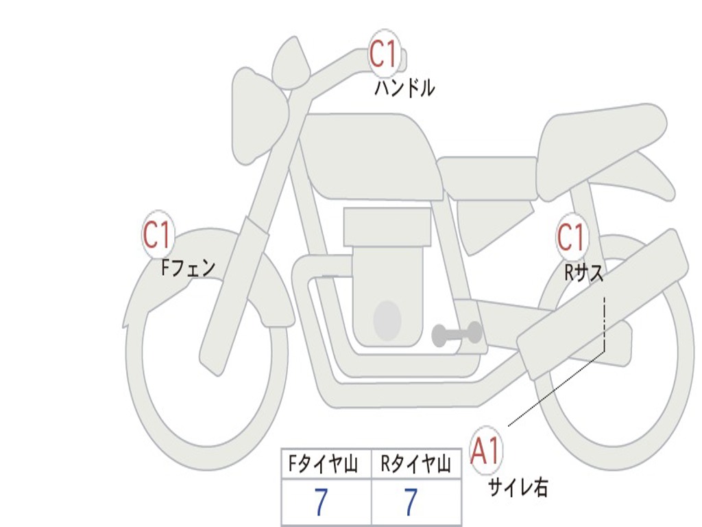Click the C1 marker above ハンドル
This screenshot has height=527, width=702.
point(385,54)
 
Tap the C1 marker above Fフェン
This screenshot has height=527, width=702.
point(158,235)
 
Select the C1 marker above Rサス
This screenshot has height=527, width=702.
point(571,237)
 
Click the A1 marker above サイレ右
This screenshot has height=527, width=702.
point(486,452)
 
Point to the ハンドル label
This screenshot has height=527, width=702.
point(404,89)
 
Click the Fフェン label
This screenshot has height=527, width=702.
point(188,267)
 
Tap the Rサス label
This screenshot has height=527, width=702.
point(583,272)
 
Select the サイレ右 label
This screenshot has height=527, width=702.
point(518,487)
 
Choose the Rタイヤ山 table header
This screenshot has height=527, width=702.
point(415,465)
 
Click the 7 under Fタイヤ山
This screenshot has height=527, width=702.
point(321,503)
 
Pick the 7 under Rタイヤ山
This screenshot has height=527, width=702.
point(410,503)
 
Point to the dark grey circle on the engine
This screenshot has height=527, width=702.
point(387,320)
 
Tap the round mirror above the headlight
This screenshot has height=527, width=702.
point(291,63)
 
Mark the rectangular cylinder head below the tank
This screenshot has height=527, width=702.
point(387,227)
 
